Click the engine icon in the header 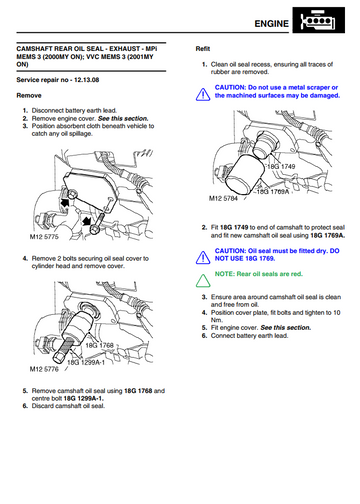[319, 20]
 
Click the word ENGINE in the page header [271, 24]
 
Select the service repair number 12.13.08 [86, 80]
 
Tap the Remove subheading [29, 95]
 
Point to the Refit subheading [203, 49]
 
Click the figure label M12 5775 [44, 237]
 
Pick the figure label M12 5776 [44, 369]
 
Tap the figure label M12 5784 [223, 198]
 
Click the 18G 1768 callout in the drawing [99, 345]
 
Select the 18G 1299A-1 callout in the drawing [86, 362]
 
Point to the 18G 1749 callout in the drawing [281, 166]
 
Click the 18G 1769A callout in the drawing [273, 192]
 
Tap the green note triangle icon [203, 281]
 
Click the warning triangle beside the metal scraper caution [203, 94]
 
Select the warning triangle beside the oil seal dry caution [203, 258]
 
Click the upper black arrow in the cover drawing [65, 202]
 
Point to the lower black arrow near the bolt [86, 220]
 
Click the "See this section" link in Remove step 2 [123, 118]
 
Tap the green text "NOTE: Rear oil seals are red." [259, 274]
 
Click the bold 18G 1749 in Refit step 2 [234, 227]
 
